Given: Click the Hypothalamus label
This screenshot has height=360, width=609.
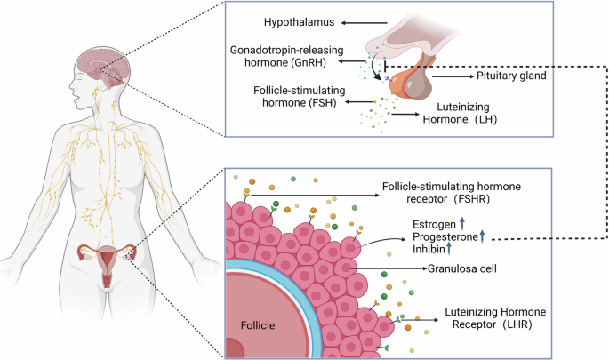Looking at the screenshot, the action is pos(299,22).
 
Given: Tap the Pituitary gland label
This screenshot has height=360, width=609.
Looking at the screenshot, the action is pos(511,76).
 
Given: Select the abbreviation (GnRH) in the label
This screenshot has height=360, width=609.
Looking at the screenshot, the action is pos(308,62).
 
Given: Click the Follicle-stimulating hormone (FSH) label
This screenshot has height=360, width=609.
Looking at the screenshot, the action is pos(299,96).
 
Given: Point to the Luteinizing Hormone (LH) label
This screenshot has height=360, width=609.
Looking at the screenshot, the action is pos(460,113).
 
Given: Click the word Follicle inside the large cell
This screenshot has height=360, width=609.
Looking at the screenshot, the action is pos(258,325).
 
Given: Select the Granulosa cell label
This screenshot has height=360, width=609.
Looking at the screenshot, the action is pos(461,268).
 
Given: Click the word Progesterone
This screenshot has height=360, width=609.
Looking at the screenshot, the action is pos(445,236).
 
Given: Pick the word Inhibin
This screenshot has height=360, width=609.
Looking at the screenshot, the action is pos(429,249).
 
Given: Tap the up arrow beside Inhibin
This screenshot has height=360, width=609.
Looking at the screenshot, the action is pos(449,248).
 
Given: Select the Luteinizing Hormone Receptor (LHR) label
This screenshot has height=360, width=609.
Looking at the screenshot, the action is pos(495,318).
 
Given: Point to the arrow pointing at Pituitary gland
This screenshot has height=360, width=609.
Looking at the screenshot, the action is pos(453,76).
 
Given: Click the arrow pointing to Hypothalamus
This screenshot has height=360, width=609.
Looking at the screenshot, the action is pos(365,23).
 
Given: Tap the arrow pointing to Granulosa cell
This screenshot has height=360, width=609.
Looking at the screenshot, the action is pos(389,268).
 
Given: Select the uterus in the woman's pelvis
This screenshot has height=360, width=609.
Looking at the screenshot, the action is pos(107,263).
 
